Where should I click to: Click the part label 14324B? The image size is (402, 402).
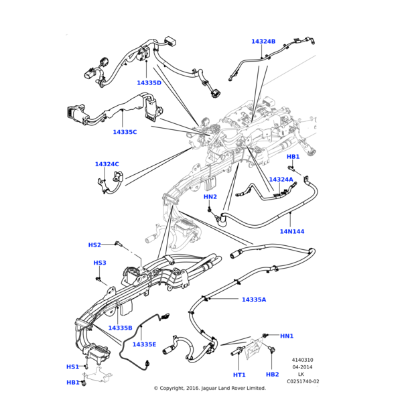[x=263, y=42]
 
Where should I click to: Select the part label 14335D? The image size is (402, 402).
[x=149, y=83]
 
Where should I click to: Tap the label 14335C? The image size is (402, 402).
[x=125, y=132]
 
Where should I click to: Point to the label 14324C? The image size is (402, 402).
[x=107, y=164]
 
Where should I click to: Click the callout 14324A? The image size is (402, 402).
[x=281, y=180]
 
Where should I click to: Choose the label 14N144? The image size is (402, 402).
[x=292, y=232]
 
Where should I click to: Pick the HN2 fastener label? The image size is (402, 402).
[x=210, y=197]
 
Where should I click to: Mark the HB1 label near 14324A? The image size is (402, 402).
[x=293, y=157]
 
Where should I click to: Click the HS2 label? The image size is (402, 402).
[x=94, y=245]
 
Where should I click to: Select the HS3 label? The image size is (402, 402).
[x=100, y=263]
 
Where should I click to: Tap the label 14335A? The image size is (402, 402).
[x=254, y=299]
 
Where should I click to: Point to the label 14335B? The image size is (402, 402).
[x=120, y=328]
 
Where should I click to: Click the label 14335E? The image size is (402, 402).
[x=144, y=344]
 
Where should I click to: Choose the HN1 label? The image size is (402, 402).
[x=287, y=336]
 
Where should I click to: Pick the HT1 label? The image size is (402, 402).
[x=239, y=375]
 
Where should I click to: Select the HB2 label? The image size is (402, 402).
[x=272, y=375]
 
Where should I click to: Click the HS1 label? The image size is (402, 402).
[x=72, y=367]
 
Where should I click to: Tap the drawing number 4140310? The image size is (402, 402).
[x=303, y=360]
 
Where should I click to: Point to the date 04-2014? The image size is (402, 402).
[x=303, y=367]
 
